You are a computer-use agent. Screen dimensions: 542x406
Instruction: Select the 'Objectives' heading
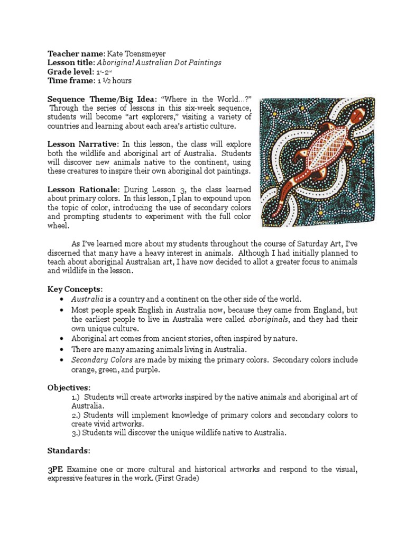pyautogui.click(x=68, y=387)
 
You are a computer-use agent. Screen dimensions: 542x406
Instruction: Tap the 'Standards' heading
pyautogui.click(x=68, y=451)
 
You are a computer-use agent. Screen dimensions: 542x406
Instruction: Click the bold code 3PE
pyautogui.click(x=56, y=469)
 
